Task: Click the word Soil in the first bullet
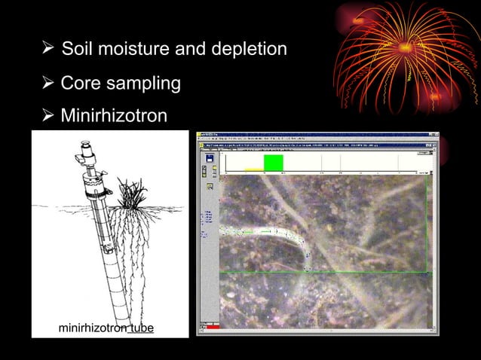point(75,50)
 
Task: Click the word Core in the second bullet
point(78,83)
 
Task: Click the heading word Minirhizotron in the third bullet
point(113,116)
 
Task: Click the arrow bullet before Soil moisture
point(47,50)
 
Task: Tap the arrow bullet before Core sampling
point(47,83)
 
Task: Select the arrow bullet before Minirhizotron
point(47,116)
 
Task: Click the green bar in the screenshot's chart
point(273,163)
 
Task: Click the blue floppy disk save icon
point(210,157)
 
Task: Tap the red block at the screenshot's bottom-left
point(213,328)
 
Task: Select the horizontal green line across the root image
point(324,271)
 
